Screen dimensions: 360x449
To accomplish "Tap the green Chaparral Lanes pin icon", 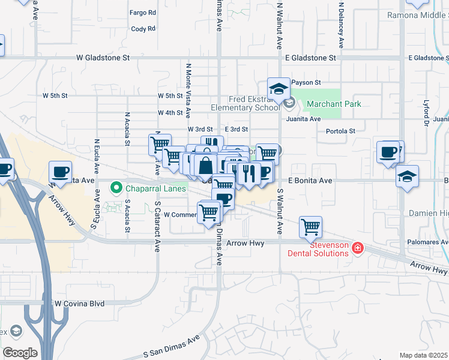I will coord(116,188).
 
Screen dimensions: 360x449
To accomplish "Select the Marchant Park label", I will coord(333,104).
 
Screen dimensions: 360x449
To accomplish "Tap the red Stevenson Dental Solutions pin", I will coord(358,247).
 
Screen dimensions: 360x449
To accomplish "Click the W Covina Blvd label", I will coord(79,304).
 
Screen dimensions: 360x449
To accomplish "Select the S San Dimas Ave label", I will coord(171,347).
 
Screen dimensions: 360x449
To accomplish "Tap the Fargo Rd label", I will coord(143,12).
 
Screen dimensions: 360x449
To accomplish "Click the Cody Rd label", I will coord(143,28).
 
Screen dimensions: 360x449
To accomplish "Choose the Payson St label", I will coord(306,82).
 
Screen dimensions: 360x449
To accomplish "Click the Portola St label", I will coord(340,131).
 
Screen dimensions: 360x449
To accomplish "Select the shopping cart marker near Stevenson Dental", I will coord(310,227).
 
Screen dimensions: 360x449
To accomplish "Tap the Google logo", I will coord(20,353).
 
